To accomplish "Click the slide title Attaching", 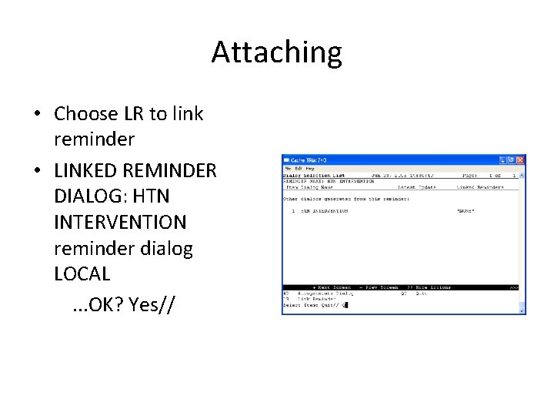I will click(x=276, y=52).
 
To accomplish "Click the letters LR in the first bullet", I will click(x=132, y=114).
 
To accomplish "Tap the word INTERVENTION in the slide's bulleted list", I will click(x=120, y=222).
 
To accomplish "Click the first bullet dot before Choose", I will click(x=37, y=115).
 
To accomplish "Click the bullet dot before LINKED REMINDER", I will click(x=37, y=169).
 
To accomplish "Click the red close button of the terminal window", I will click(x=520, y=159).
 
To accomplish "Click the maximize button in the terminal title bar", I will click(x=512, y=159).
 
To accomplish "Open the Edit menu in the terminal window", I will click(x=299, y=168).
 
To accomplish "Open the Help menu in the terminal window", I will click(x=310, y=168).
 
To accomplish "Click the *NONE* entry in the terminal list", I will click(x=466, y=210).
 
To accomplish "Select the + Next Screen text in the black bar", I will click(x=332, y=287).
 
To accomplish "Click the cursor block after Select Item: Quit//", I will click(x=345, y=305).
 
